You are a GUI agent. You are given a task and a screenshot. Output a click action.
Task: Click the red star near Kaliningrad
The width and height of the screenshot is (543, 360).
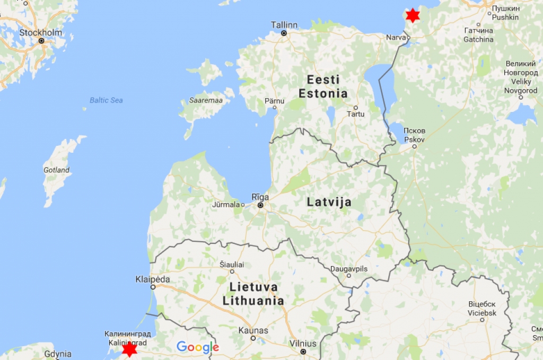click(129, 349)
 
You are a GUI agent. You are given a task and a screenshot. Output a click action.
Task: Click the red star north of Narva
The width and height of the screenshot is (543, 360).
click(413, 15)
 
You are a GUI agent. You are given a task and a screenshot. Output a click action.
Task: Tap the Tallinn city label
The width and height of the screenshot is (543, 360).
click(284, 25)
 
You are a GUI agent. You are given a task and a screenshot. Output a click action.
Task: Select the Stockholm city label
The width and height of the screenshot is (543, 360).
click(41, 32)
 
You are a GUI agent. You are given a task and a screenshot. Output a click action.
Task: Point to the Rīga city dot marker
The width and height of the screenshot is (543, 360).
click(260, 205)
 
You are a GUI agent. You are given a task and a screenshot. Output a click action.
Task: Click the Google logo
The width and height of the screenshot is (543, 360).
click(198, 347)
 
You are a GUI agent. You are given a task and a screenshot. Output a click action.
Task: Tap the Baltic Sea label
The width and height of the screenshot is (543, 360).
click(106, 100)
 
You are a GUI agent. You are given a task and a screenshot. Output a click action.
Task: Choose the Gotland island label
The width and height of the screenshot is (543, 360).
click(56, 170)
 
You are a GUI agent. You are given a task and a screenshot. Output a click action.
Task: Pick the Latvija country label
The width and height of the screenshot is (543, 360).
click(329, 202)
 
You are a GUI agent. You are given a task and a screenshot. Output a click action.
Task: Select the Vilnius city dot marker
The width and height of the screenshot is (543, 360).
click(303, 351)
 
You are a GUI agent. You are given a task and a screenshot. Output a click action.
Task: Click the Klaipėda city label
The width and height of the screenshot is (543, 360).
click(153, 279)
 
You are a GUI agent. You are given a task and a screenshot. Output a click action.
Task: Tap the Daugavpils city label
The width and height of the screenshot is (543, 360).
click(349, 269)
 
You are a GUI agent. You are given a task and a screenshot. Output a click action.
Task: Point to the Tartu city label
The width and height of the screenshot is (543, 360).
click(355, 114)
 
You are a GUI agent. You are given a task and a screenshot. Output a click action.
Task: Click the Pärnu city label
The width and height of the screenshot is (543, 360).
click(275, 100)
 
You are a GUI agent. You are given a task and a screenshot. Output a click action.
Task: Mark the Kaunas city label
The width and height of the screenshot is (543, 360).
click(253, 330)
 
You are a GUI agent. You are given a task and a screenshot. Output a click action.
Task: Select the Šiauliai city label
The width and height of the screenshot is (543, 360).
click(232, 264)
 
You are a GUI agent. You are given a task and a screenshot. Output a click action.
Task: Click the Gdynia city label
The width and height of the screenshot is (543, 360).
click(58, 354)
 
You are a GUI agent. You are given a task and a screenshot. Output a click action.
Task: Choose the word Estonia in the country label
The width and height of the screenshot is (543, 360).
click(323, 94)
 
